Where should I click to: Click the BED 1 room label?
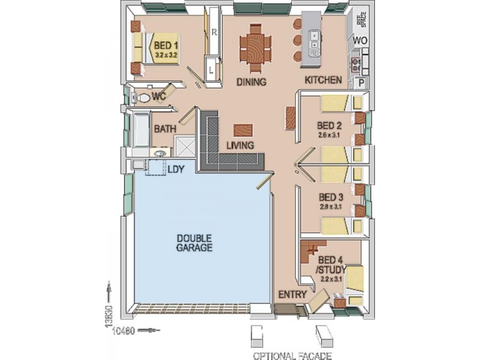tap(166, 45)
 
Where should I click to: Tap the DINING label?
tap(251, 82)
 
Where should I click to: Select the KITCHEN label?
tap(323, 80)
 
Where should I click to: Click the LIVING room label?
tap(240, 145)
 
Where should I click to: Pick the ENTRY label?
tap(293, 295)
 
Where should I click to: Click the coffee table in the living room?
tap(243, 130)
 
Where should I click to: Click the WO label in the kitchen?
tap(359, 40)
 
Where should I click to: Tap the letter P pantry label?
tap(361, 83)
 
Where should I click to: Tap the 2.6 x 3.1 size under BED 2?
tap(329, 135)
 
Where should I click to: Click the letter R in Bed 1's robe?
tap(214, 32)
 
